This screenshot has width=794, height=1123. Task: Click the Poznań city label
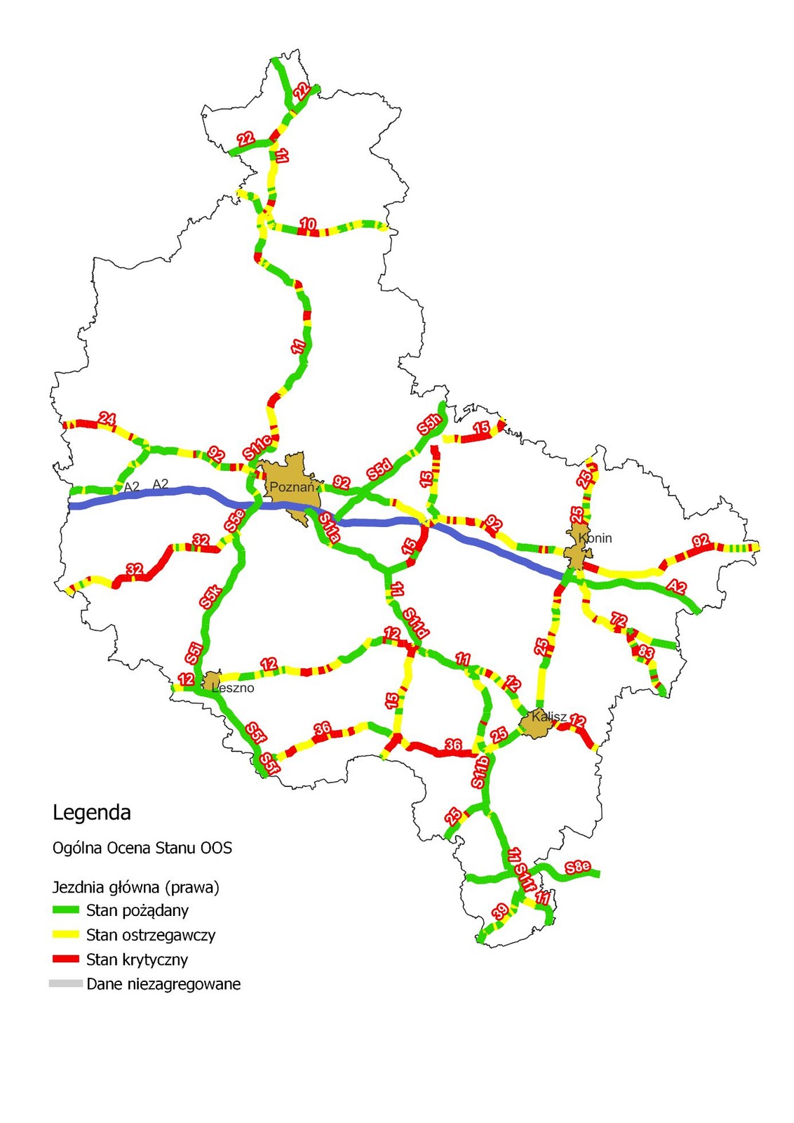click(x=292, y=487)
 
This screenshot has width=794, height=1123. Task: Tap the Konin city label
click(x=596, y=538)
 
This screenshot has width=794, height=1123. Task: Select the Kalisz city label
click(x=549, y=717)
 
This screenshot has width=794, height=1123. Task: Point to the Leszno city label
click(x=234, y=688)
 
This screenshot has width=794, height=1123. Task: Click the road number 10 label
click(x=308, y=224)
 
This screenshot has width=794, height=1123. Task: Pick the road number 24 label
click(x=107, y=419)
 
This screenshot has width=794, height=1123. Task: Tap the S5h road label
click(x=429, y=424)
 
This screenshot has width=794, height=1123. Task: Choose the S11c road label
click(x=257, y=448)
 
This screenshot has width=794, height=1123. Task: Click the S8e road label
click(x=578, y=867)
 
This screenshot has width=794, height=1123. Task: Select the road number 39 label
click(x=500, y=912)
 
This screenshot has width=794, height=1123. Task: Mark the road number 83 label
click(x=645, y=653)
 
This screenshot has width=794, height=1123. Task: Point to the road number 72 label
click(x=619, y=620)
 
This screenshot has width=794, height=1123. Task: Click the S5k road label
click(x=211, y=596)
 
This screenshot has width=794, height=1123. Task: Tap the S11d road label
click(x=415, y=623)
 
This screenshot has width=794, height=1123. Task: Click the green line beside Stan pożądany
click(x=66, y=910)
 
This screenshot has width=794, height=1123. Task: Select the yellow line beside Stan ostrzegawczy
click(x=66, y=935)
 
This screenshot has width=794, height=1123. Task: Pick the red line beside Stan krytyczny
click(x=66, y=959)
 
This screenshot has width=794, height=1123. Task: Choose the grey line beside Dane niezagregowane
click(x=66, y=984)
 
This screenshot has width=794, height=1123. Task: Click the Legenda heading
click(x=92, y=813)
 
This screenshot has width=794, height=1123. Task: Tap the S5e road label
click(x=235, y=519)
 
